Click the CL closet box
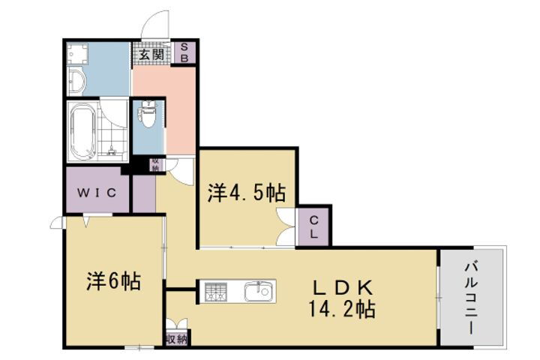point(313,226)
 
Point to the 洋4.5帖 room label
point(247,193)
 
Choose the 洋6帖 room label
point(113,281)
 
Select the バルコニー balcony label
point(471,297)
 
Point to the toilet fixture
point(149,117)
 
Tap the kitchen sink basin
point(259,290)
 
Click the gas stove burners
point(215,291)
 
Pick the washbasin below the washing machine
point(76,81)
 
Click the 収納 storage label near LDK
point(176,339)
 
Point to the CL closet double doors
point(287,226)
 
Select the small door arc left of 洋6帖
point(56,222)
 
